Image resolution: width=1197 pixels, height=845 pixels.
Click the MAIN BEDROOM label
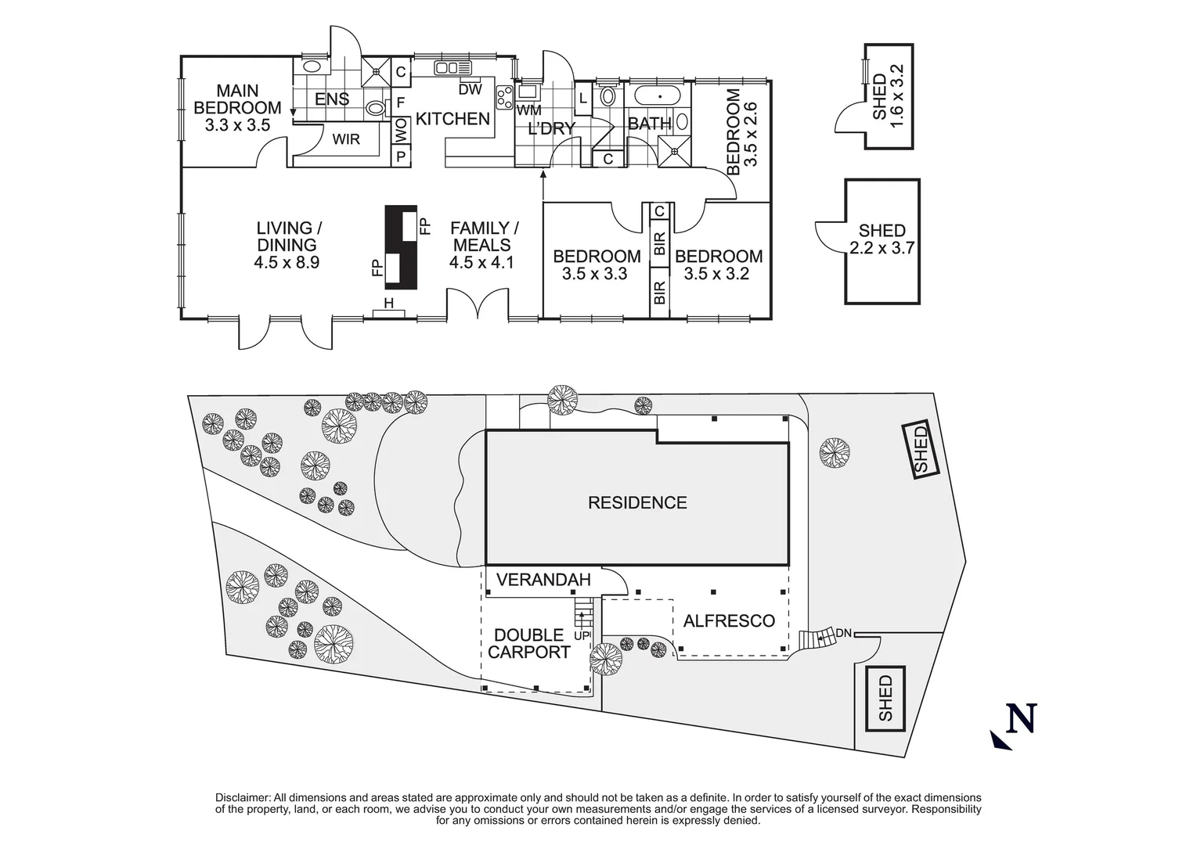(x=237, y=99)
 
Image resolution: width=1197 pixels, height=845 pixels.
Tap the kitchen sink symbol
(x=452, y=68)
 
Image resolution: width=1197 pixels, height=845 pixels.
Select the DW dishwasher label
(x=470, y=90)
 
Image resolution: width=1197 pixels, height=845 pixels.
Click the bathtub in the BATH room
(x=658, y=97)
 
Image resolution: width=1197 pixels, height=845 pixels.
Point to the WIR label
(x=346, y=139)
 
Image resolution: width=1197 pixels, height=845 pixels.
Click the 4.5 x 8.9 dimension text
(x=287, y=262)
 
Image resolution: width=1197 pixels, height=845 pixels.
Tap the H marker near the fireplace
(x=388, y=304)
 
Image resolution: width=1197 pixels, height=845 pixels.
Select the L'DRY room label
(x=551, y=128)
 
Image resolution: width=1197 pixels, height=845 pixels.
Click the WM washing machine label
(x=529, y=110)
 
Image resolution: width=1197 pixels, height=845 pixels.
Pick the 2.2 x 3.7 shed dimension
(x=882, y=248)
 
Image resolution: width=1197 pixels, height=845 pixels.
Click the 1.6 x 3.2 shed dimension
(x=896, y=95)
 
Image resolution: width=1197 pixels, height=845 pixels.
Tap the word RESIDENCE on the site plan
(x=637, y=502)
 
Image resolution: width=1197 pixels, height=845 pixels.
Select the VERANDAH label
(x=543, y=580)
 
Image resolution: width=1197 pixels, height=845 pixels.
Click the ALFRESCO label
(x=729, y=620)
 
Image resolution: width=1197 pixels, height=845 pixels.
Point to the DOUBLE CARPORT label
(x=529, y=644)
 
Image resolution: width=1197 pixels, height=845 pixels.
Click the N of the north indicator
(x=1021, y=718)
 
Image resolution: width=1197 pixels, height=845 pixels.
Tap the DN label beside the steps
(x=843, y=634)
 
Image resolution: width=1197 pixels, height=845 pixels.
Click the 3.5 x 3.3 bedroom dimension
(x=594, y=274)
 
